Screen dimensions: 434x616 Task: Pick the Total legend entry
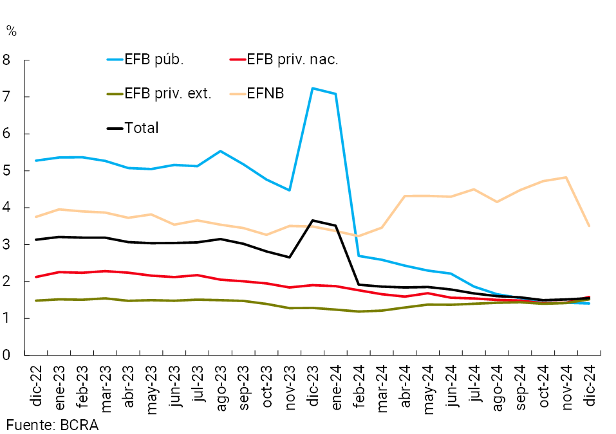coord(141,128)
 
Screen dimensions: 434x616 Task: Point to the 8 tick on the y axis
coord(8,60)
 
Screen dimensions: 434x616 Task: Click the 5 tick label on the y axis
coord(8,171)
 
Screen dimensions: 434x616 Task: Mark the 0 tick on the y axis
coord(8,355)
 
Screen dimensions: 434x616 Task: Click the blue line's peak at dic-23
coord(312,88)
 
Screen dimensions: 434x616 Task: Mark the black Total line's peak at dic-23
coord(312,221)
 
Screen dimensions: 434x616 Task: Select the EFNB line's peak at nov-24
coord(565,177)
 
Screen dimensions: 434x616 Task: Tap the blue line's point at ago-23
coord(220,151)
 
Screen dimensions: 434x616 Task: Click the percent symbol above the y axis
coord(11,30)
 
